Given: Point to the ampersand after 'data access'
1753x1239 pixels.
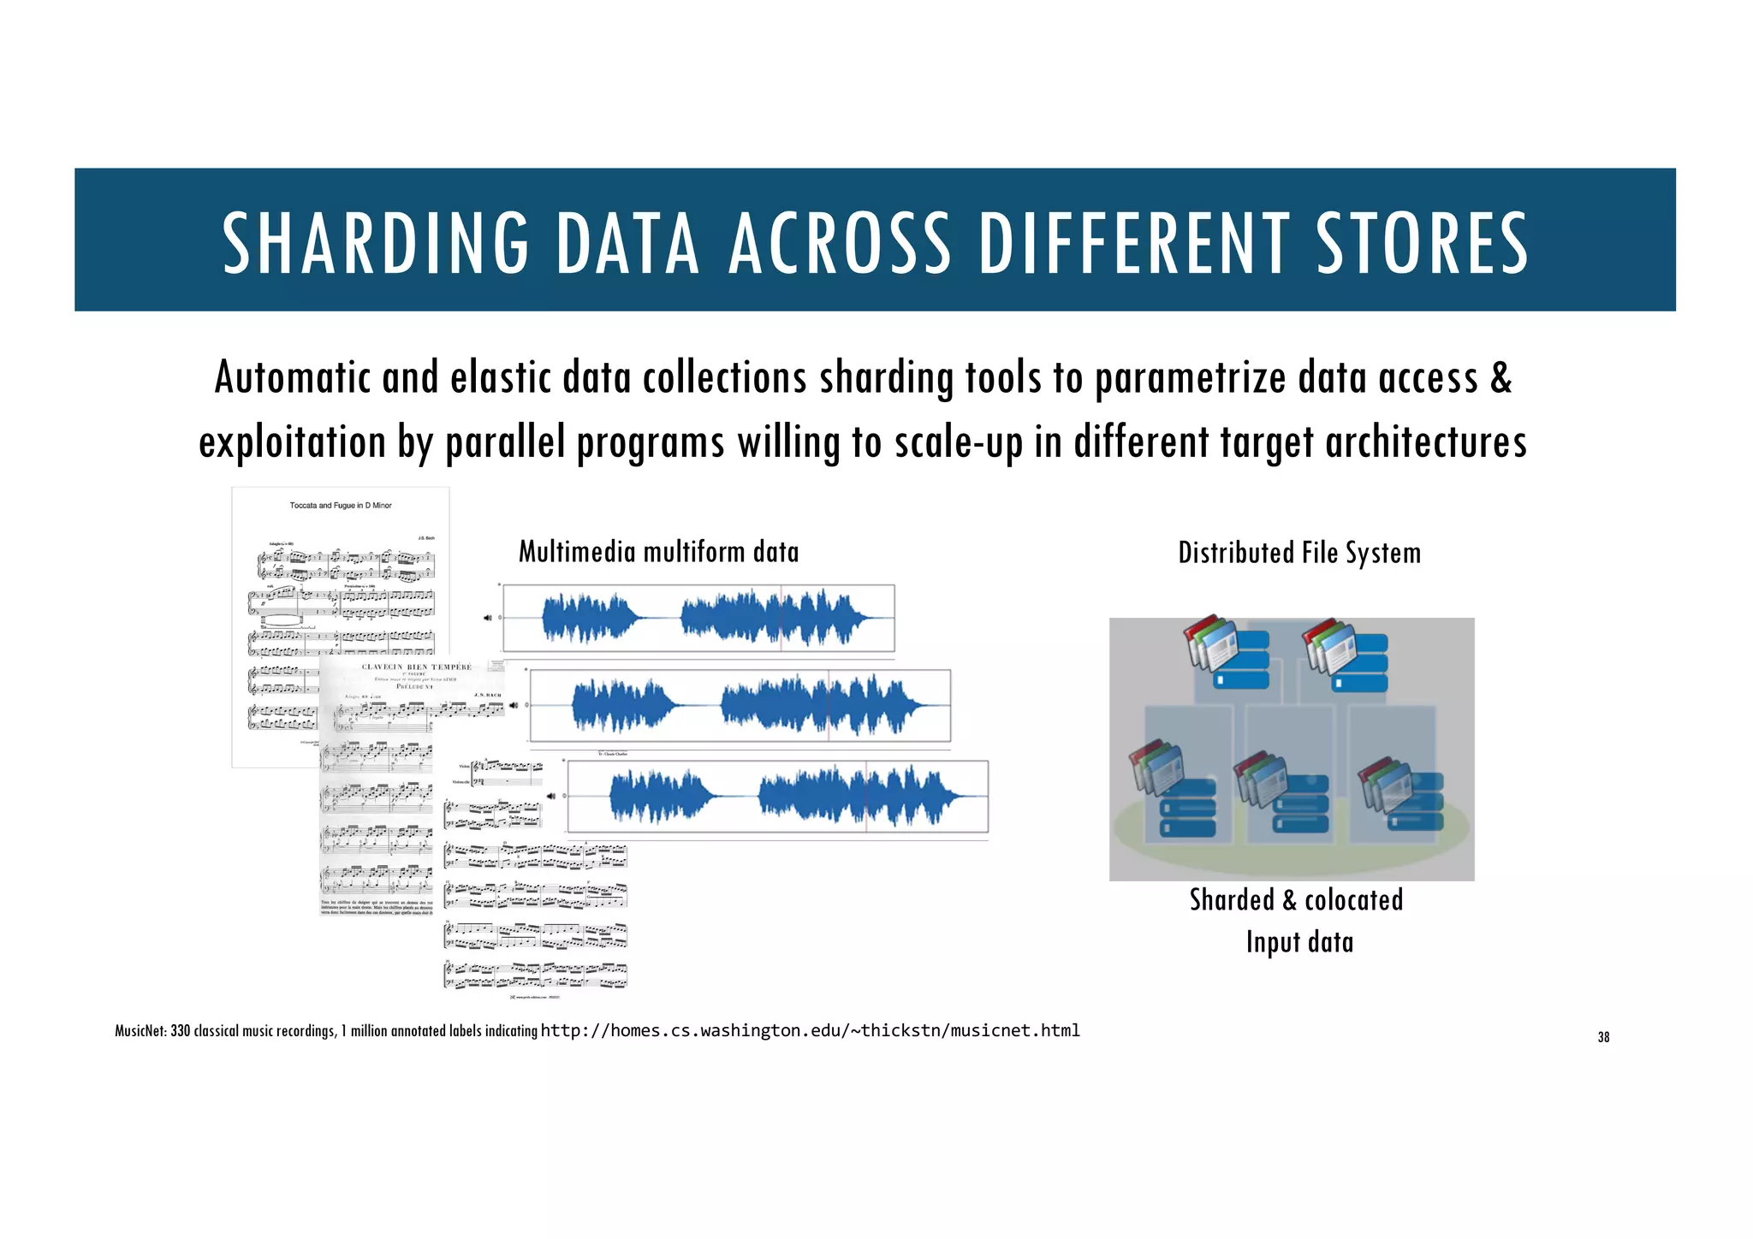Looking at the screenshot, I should [1500, 377].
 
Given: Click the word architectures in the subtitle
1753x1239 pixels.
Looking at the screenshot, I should [1425, 442].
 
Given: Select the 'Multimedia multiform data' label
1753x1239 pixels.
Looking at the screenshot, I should [658, 552].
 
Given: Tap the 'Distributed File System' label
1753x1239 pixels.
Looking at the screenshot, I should [1299, 553].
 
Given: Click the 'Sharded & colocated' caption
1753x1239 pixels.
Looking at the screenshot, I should [1296, 900].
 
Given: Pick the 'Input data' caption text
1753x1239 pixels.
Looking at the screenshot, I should [1299, 942].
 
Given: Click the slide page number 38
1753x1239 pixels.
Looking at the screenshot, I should [1603, 1037].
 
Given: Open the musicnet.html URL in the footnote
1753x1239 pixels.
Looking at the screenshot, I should [810, 1030].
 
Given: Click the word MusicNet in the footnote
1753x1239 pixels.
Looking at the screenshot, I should [140, 1031].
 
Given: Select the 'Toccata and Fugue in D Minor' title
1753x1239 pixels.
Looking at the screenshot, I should [341, 506].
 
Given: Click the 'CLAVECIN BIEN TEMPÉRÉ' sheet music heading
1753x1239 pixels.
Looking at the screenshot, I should [416, 667].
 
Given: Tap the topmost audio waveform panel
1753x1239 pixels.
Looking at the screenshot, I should [698, 618].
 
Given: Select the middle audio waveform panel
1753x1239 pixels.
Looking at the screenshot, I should [740, 705].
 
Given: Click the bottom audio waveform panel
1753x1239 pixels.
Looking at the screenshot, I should [777, 796].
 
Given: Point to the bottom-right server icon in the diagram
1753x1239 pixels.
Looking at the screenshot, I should [1401, 792].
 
